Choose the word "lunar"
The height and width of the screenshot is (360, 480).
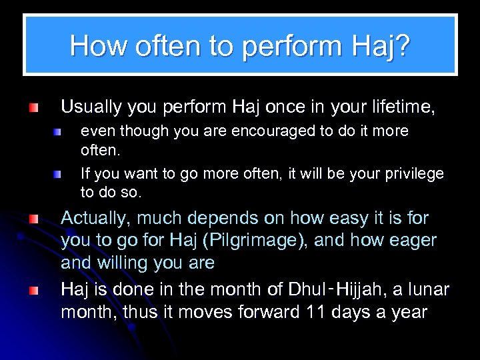tap(428, 290)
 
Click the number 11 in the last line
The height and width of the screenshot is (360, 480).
tap(313, 312)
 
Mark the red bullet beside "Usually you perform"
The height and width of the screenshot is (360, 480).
tap(33, 107)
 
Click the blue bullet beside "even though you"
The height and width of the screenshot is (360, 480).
tap(59, 133)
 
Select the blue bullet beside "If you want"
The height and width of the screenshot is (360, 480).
tap(59, 175)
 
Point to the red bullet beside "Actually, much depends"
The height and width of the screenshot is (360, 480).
tap(33, 219)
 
